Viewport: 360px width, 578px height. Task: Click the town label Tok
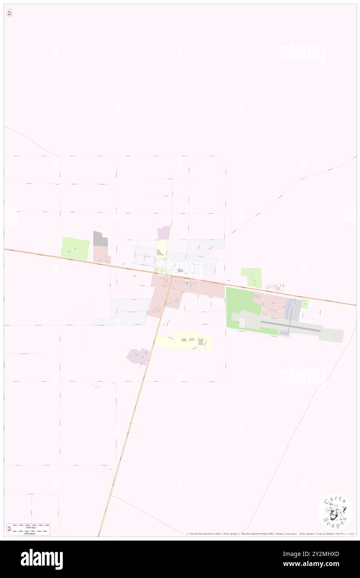[x=180, y=271]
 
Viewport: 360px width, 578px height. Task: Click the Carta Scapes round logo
[x=335, y=512]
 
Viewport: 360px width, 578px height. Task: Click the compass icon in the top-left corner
[x=9, y=13]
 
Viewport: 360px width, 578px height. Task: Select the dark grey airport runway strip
[x=291, y=329]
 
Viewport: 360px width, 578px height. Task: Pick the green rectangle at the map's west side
[x=75, y=249]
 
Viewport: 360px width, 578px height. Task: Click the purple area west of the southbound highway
[x=139, y=356]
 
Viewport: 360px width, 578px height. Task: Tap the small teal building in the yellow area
[x=184, y=340]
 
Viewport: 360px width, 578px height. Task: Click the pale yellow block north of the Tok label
[x=162, y=249]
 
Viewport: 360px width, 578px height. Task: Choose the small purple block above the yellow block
[x=164, y=232]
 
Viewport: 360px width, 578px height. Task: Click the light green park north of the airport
[x=252, y=278]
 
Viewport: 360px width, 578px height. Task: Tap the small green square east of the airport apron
[x=305, y=304]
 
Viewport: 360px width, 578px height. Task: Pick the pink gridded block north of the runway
[x=273, y=306]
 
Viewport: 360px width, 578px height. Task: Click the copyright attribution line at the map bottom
[x=270, y=534]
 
